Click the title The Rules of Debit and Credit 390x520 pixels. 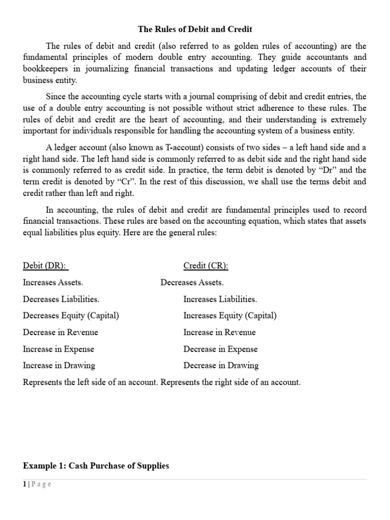pos(195,29)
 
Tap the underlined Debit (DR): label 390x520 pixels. pos(46,266)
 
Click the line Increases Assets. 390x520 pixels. pos(53,282)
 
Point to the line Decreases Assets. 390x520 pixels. pos(192,282)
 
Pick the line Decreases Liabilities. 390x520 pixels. pos(61,299)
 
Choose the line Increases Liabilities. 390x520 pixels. pos(220,299)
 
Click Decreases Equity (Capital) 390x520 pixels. pos(71,315)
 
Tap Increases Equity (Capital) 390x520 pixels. pos(230,315)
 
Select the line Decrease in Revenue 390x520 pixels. pos(60,332)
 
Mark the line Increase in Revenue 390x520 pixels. pos(219,332)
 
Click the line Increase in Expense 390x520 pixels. pos(58,349)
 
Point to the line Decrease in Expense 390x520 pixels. pos(220,349)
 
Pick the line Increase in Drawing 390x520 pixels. pos(59,365)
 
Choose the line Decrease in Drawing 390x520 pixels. pos(221,365)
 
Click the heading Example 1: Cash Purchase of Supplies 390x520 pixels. pos(96,466)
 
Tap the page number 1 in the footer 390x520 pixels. pos(24,484)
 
